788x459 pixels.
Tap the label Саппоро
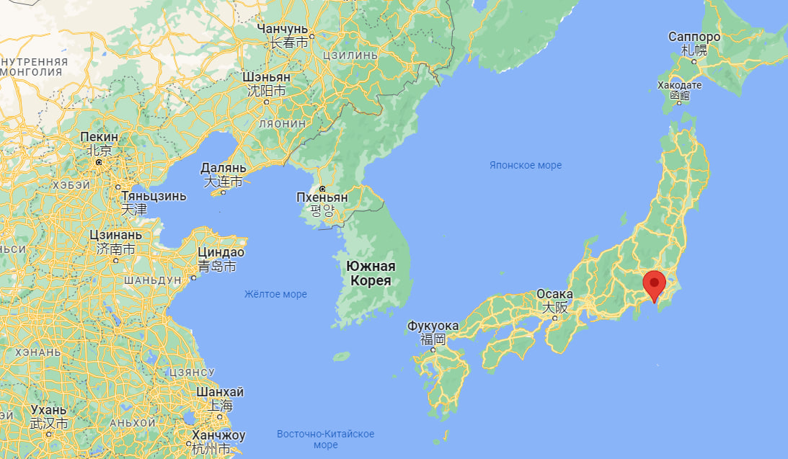pyautogui.click(x=694, y=37)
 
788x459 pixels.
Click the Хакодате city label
pyautogui.click(x=678, y=86)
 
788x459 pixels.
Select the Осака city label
pyautogui.click(x=554, y=295)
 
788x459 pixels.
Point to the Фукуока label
pyautogui.click(x=433, y=326)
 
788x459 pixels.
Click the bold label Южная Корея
pyautogui.click(x=371, y=273)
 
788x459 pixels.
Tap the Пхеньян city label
pyautogui.click(x=322, y=197)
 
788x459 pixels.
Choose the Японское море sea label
pyautogui.click(x=525, y=166)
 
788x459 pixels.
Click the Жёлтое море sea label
pyautogui.click(x=275, y=294)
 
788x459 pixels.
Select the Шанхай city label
pyautogui.click(x=220, y=392)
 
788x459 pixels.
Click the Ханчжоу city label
pyautogui.click(x=219, y=435)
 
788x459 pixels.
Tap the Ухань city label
pyautogui.click(x=49, y=410)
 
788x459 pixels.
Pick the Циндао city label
pyautogui.click(x=221, y=253)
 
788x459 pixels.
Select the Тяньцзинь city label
pyautogui.click(x=153, y=196)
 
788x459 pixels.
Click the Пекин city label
pyautogui.click(x=99, y=137)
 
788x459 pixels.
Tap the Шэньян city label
pyautogui.click(x=267, y=77)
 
